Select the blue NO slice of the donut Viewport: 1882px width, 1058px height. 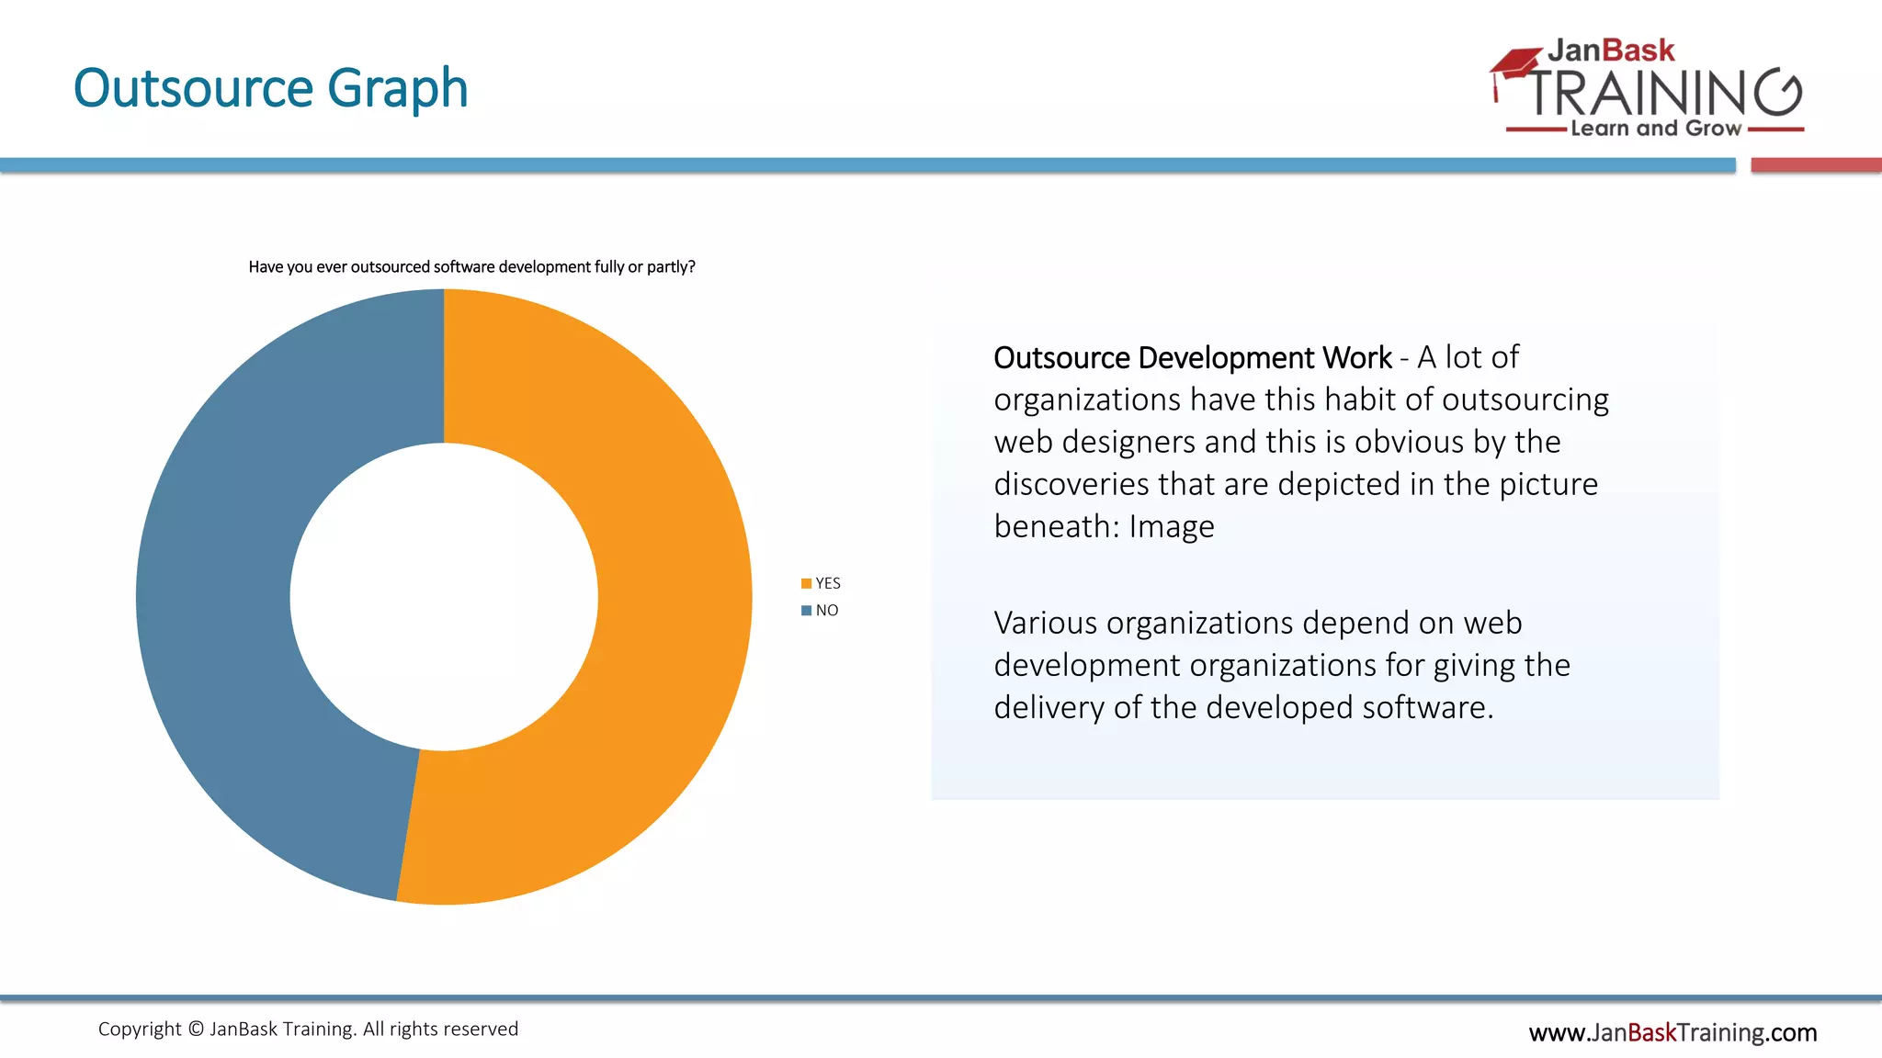216,597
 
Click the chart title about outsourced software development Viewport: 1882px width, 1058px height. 471,267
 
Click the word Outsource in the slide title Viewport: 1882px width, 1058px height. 194,88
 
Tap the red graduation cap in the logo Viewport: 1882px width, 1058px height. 1514,64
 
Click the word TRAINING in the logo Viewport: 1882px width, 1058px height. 1663,93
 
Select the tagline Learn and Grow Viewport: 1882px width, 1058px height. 1655,129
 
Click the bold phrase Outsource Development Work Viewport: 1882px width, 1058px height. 1192,357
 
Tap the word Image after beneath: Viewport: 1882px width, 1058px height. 1171,527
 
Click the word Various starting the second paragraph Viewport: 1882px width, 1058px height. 1045,624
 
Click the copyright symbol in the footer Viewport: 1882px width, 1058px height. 196,1030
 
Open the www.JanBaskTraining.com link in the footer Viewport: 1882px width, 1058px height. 1672,1033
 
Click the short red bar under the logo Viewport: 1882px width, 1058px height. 1816,165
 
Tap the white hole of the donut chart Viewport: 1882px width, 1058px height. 444,597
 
